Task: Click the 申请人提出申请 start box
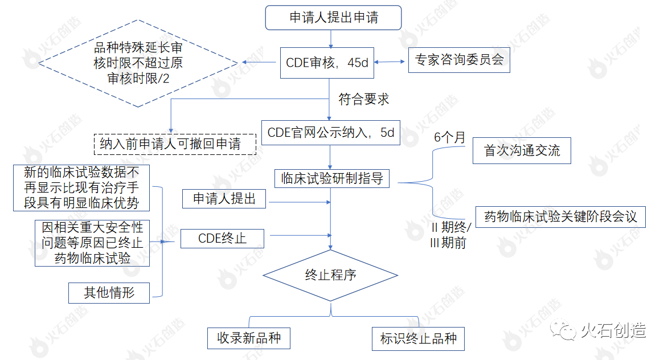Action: (333, 18)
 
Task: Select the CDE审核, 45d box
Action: (326, 63)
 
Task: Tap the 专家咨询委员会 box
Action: (458, 60)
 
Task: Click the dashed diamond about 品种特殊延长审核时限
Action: (138, 63)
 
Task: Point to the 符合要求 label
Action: (364, 99)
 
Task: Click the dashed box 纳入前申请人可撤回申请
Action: (174, 144)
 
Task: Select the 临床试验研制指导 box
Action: (331, 178)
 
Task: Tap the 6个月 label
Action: (449, 137)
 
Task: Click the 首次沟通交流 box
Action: (521, 151)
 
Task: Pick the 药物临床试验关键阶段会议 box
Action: (560, 217)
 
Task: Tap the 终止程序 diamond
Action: (330, 276)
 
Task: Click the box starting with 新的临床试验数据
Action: (82, 187)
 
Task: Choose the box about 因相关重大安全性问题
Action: (92, 243)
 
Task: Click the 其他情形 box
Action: (109, 293)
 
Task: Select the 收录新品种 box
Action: (249, 338)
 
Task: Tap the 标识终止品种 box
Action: (418, 338)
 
